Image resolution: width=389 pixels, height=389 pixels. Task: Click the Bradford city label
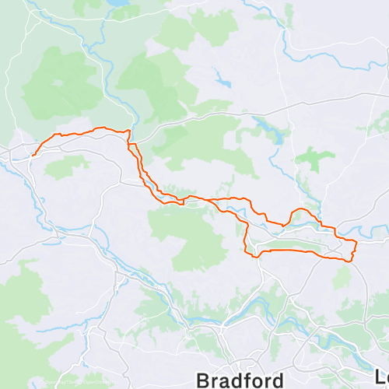(240, 380)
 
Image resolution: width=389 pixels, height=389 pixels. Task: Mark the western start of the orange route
(32, 154)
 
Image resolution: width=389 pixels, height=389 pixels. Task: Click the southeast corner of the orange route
(352, 259)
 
